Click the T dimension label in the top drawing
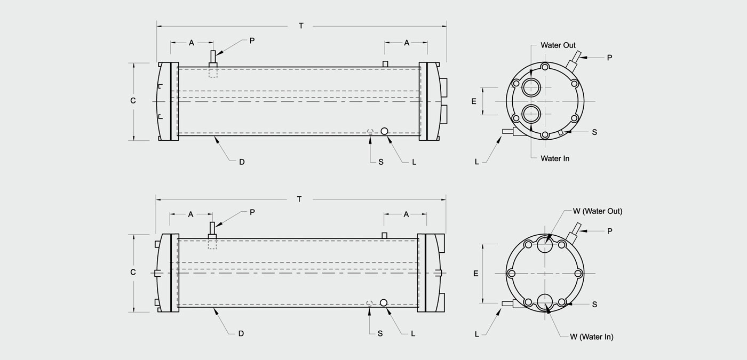tap(301, 26)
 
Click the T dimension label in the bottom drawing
tap(299, 199)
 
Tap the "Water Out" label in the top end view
tap(558, 45)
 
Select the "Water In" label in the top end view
tap(555, 158)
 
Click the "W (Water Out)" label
tap(598, 211)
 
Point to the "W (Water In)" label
tap(592, 337)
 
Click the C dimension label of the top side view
tap(133, 101)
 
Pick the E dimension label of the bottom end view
tap(475, 274)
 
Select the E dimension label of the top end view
tap(474, 101)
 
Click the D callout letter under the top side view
tap(242, 162)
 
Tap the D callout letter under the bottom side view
tap(241, 333)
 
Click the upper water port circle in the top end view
tap(531, 87)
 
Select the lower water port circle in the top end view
tap(531, 114)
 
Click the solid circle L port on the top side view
tap(384, 131)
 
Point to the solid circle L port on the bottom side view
tap(384, 303)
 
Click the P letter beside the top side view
tap(252, 41)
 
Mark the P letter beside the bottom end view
tap(609, 231)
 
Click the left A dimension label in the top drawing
tap(192, 43)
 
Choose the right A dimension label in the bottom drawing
tap(406, 214)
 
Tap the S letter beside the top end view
tap(594, 132)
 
